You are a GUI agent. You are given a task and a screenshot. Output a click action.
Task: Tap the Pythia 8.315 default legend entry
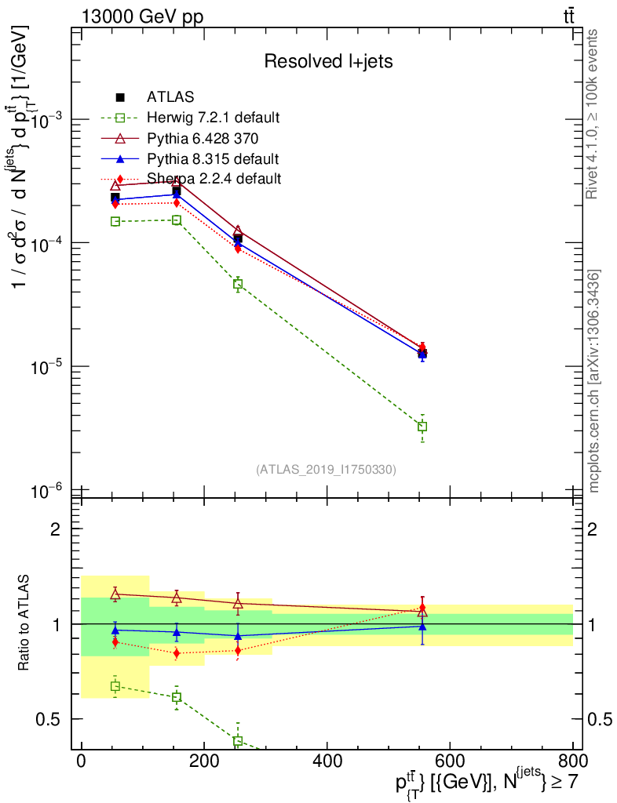(x=212, y=158)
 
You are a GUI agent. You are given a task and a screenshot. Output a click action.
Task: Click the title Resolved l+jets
(x=328, y=61)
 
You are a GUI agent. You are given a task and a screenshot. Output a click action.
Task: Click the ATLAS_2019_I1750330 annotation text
(x=326, y=470)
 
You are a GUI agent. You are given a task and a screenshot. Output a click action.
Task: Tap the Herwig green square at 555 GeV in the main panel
(x=422, y=427)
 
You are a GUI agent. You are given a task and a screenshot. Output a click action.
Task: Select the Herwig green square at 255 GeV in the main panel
(x=238, y=284)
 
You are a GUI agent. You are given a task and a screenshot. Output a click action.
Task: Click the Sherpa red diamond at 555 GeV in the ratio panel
(x=422, y=608)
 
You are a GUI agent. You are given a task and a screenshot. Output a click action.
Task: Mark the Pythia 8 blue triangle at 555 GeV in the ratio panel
(x=422, y=627)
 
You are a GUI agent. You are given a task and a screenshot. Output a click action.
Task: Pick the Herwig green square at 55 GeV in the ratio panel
(x=115, y=686)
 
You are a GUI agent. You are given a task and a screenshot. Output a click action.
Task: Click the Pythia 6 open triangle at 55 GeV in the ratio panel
(x=115, y=595)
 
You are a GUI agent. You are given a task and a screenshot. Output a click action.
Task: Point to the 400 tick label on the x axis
(x=326, y=760)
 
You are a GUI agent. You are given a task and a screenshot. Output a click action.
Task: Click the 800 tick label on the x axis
(x=571, y=760)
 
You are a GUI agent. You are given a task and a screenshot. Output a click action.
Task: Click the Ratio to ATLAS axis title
(x=27, y=623)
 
